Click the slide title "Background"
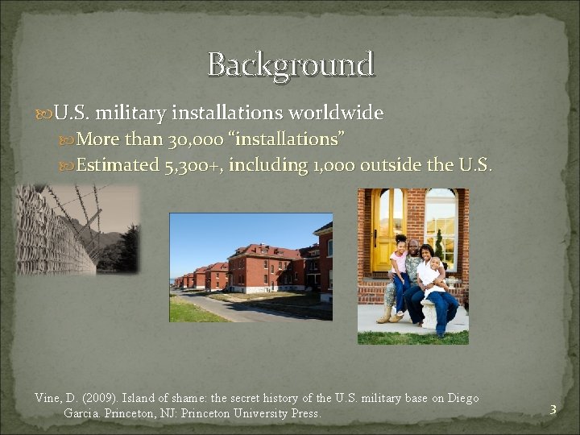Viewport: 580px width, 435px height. [291, 64]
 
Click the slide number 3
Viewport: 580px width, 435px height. [553, 410]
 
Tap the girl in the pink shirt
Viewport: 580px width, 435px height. [400, 266]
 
